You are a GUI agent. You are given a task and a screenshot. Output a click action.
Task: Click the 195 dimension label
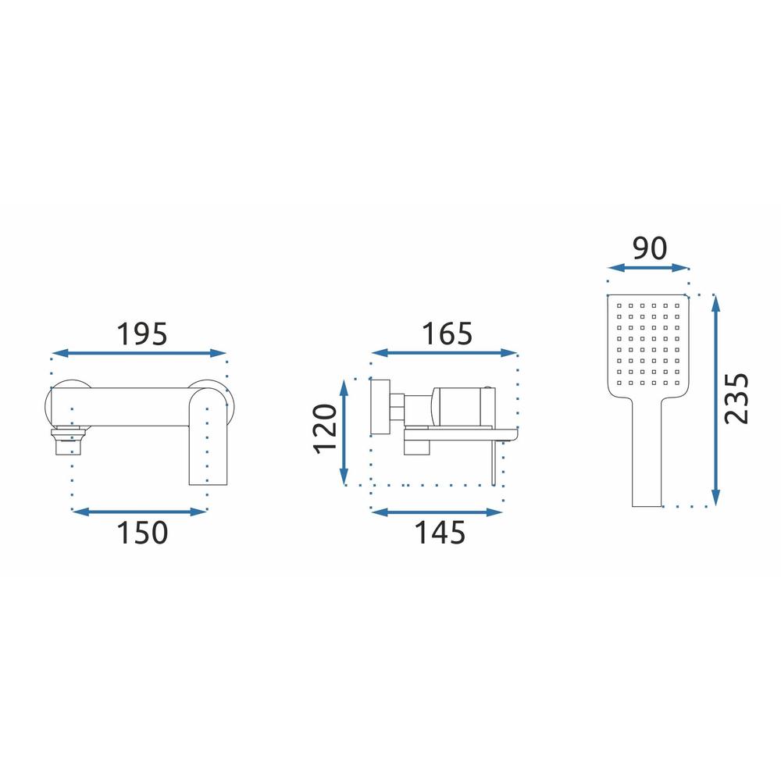142,334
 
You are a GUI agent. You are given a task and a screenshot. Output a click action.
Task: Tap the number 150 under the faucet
142,533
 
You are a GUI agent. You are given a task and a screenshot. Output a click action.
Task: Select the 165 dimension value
447,333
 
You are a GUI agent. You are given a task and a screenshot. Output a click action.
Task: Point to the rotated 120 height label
325,429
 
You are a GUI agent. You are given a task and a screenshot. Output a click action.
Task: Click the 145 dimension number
440,533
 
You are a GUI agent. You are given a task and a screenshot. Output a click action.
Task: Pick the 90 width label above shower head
650,248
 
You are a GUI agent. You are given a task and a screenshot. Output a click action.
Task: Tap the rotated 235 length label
736,398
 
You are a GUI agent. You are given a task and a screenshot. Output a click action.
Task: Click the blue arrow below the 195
139,353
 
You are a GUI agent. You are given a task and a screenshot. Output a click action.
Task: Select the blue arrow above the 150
140,512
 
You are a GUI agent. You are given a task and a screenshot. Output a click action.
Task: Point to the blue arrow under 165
444,353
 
